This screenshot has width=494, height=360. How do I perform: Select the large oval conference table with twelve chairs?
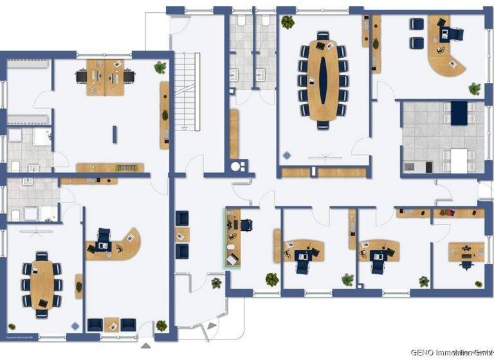(323, 80)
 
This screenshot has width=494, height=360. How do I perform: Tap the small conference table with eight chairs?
(41, 283)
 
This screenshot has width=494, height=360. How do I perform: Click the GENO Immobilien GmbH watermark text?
(451, 352)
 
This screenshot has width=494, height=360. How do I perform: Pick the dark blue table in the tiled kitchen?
(459, 113)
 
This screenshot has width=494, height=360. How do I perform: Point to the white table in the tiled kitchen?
(458, 160)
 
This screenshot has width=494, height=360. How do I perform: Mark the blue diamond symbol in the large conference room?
(286, 155)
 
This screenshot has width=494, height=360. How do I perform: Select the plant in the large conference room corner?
(288, 22)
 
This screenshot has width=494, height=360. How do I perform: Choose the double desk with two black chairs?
(105, 76)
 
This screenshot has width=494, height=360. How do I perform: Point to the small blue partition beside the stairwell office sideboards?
(114, 134)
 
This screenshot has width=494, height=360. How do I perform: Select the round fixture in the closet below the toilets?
(239, 166)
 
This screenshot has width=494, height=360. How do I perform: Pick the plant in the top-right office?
(474, 88)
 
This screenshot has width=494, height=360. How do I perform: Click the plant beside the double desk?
(160, 67)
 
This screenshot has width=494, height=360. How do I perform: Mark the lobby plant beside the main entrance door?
(216, 282)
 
